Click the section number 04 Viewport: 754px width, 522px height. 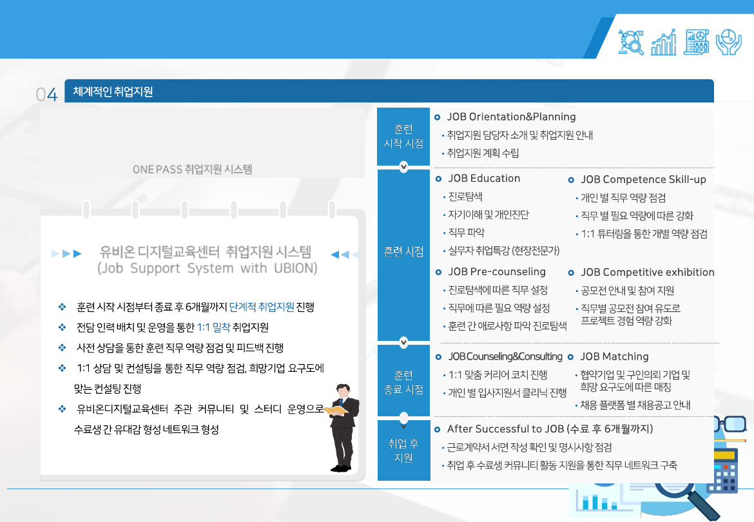point(47,95)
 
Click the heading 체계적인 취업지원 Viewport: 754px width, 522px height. point(113,92)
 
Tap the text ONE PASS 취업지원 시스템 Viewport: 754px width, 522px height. point(192,169)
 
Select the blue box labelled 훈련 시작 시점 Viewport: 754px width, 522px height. point(403,136)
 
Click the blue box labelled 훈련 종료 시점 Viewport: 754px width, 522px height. point(403,382)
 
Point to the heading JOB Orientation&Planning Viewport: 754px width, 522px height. point(511,117)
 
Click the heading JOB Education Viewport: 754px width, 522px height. point(484,179)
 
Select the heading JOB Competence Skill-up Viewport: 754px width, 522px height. point(643,179)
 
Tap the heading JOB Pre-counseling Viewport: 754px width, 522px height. point(497,271)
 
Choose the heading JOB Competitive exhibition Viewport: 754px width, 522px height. point(647,272)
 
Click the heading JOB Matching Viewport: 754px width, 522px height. point(614,356)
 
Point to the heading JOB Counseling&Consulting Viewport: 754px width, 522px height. point(505,356)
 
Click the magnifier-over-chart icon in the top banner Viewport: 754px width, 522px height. point(631,42)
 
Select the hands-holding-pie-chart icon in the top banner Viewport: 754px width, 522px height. point(728,42)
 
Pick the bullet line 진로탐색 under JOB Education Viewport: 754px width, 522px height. point(465,197)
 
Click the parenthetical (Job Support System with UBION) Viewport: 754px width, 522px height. point(207,268)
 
